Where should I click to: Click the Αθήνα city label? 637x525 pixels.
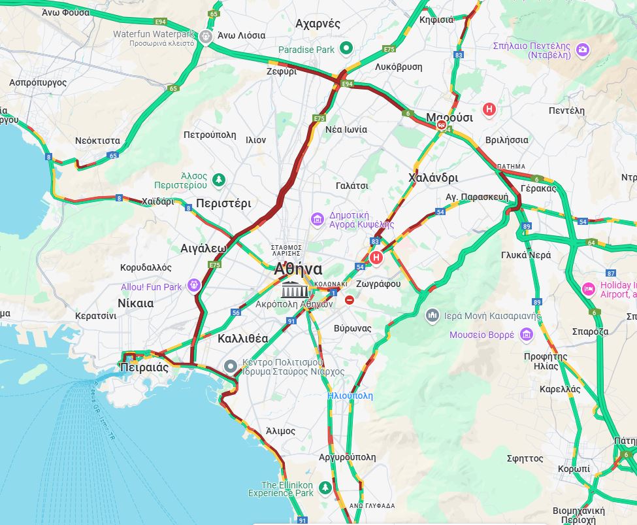298,269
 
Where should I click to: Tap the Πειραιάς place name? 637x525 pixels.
144,367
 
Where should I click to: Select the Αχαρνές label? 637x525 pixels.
318,24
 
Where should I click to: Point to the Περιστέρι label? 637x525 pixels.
223,203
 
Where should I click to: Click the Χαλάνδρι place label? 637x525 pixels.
433,178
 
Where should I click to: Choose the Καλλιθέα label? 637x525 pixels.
242,339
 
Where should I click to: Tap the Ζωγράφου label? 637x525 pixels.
378,284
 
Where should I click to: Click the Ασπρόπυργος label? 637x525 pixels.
38,83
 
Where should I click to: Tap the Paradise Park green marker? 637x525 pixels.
347,48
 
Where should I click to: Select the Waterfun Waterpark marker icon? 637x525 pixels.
206,36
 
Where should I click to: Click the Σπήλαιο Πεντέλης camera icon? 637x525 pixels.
583,49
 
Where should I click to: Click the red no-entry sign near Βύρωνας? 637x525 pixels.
350,299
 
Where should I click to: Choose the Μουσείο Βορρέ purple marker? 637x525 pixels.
527,335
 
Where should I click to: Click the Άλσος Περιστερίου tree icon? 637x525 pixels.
219,178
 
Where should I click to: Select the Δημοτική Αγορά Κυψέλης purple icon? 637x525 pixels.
318,218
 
